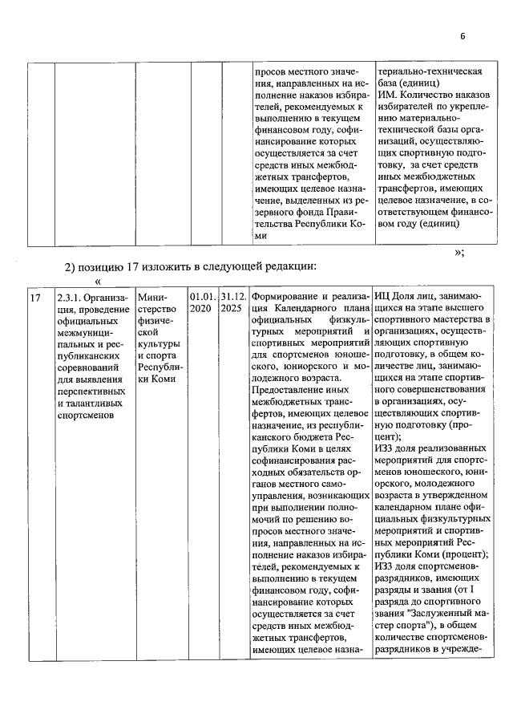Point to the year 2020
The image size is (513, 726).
[200, 308]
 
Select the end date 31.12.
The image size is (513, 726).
[232, 297]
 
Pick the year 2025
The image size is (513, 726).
[232, 308]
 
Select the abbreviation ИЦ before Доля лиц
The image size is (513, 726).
[383, 297]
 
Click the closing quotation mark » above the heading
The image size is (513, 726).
[458, 251]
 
